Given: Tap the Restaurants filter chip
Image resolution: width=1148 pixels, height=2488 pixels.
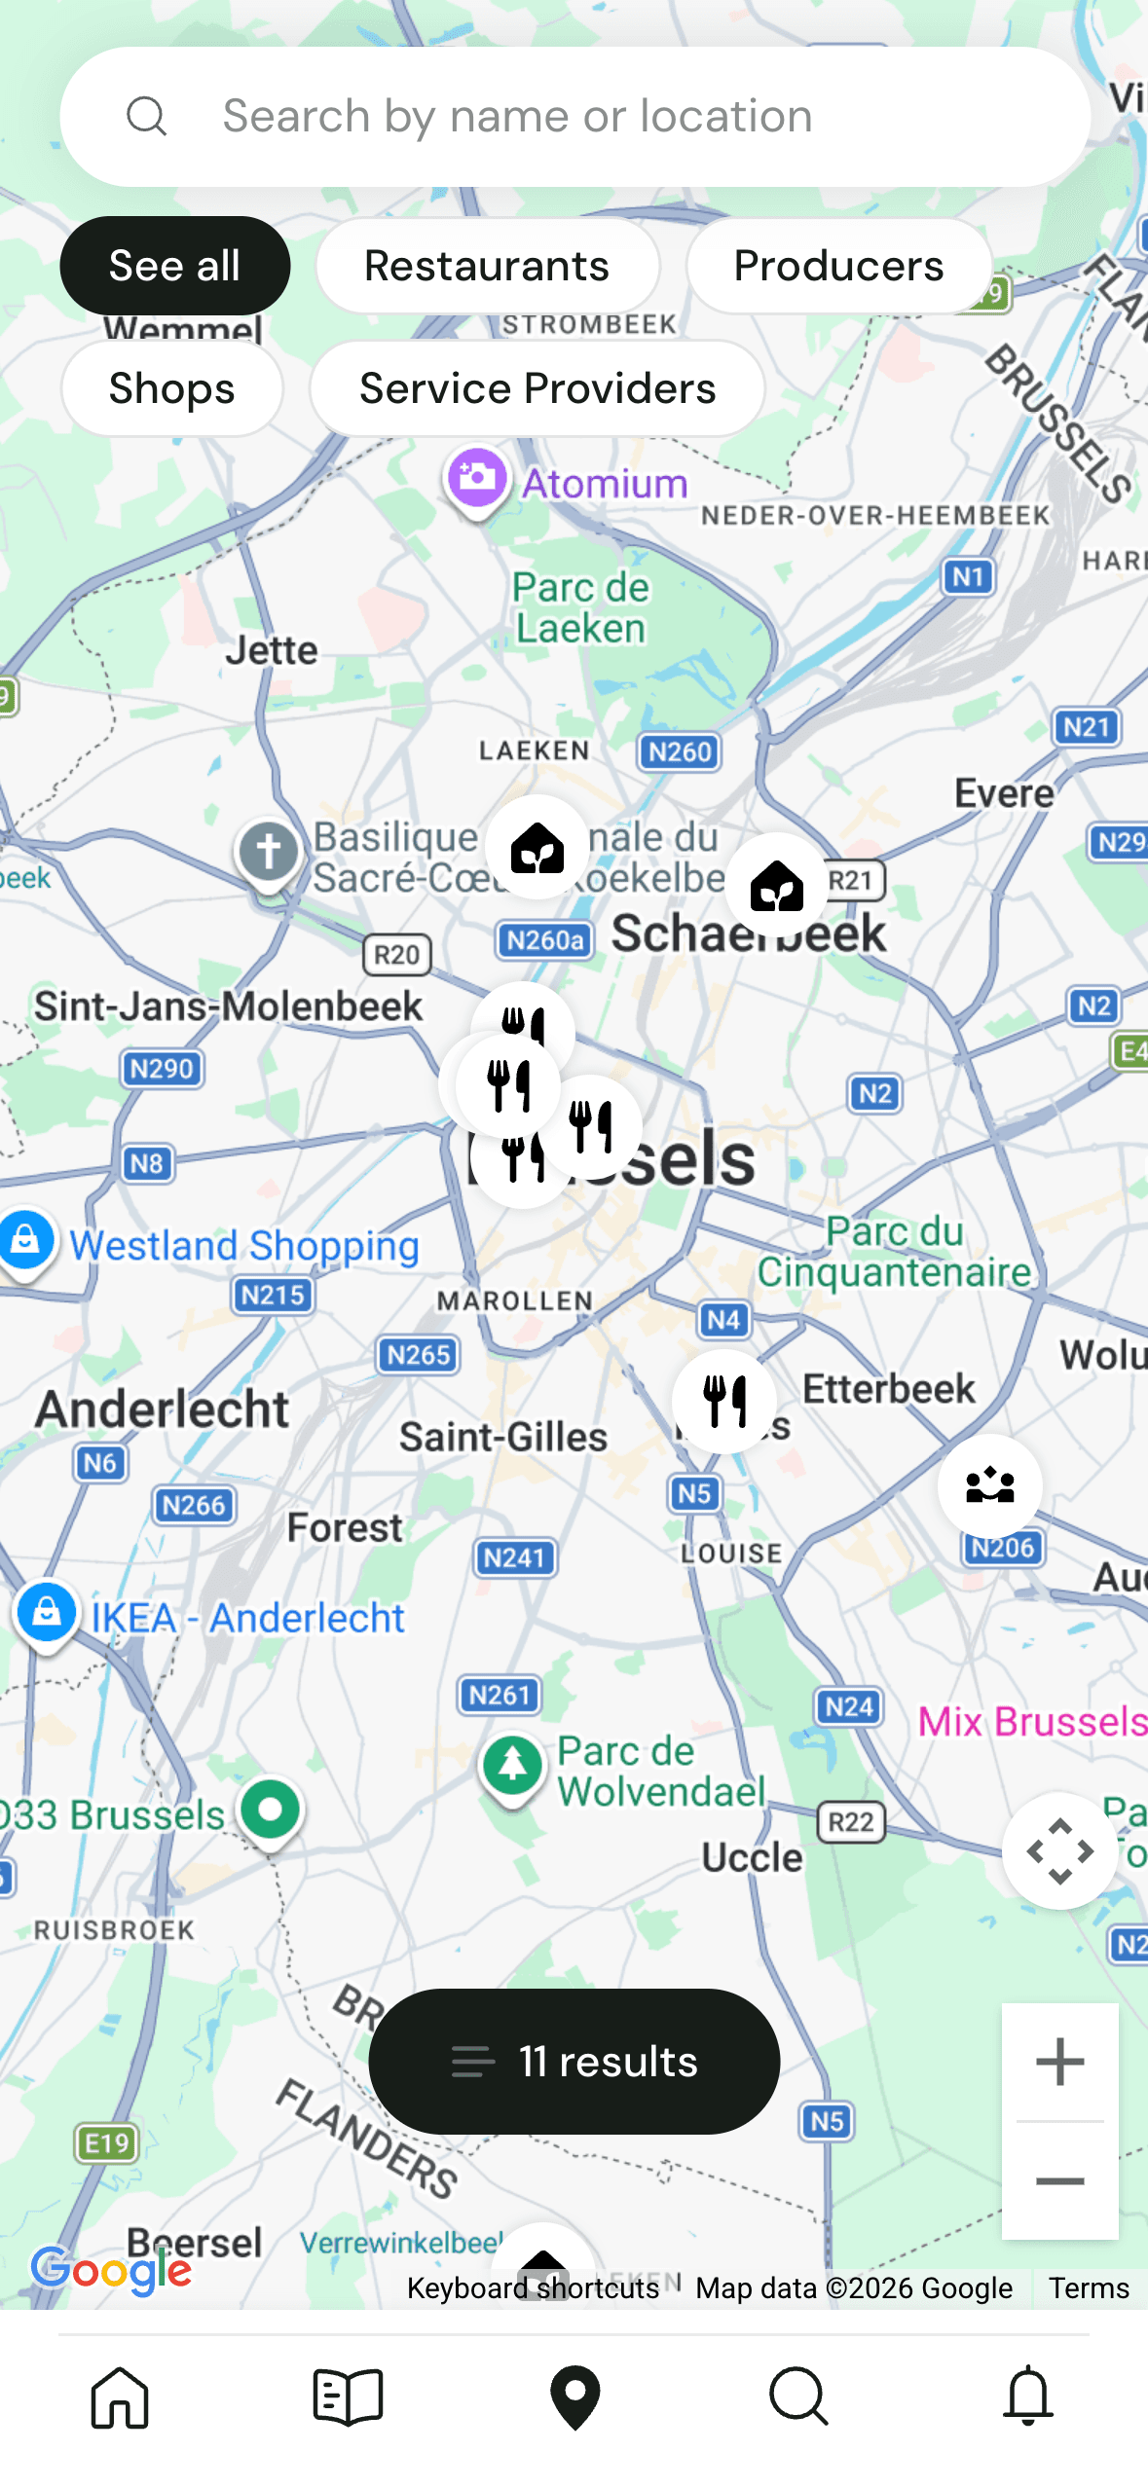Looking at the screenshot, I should coord(487,266).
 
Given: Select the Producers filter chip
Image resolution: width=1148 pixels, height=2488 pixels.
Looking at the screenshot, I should coord(838,266).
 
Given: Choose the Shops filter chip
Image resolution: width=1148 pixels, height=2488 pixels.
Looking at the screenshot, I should coord(171,388).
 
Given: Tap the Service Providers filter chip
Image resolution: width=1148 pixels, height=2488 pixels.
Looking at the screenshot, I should coord(537,388).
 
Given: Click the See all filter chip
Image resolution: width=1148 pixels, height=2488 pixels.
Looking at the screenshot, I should coord(174,266).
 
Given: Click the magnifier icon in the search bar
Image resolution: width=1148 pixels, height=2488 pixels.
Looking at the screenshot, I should coord(146,117).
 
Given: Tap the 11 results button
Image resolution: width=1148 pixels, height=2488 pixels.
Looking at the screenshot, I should coord(574,2061).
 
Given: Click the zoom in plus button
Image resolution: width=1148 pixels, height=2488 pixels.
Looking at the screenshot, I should coord(1059,2061).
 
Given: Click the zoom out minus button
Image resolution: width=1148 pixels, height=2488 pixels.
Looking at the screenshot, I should coord(1059,2181).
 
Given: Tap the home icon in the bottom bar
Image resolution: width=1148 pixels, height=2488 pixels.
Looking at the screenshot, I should coord(120,2397).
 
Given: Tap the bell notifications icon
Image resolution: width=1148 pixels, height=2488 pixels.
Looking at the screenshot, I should coord(1027,2397).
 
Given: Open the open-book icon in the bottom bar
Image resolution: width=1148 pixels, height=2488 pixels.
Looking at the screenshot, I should coord(348,2397).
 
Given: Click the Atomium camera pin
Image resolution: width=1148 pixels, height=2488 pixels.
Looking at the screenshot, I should coord(477,479).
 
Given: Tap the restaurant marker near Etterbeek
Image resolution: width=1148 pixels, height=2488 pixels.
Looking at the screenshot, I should coord(724,1401).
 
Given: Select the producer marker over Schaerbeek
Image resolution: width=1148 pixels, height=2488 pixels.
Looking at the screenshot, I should coord(777,885).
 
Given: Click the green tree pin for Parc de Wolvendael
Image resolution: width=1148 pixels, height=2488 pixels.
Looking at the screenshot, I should coord(512,1764).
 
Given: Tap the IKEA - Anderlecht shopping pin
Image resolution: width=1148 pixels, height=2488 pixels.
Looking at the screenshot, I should coord(47,1613).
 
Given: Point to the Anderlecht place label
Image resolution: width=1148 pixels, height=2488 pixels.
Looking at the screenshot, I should coord(162,1409).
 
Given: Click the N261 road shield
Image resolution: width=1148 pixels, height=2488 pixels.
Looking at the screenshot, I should coord(500,1695).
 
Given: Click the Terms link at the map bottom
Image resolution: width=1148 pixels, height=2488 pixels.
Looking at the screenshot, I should coord(1088,2287).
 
